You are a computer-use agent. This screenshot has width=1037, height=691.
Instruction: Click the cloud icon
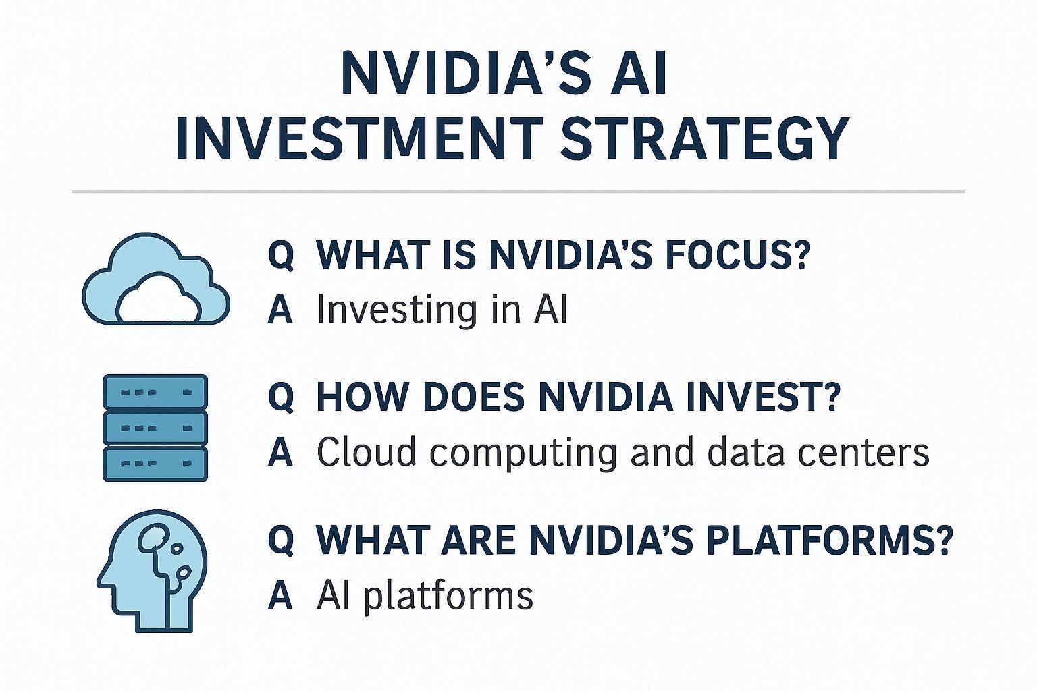[156, 279]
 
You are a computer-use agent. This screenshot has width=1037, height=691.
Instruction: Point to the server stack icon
[155, 428]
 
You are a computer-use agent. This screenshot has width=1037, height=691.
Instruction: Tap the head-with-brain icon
[152, 571]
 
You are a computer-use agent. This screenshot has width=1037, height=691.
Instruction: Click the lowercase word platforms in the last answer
[448, 597]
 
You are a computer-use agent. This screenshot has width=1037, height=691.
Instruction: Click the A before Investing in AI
[280, 310]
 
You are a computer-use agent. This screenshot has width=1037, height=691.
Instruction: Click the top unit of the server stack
[155, 391]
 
